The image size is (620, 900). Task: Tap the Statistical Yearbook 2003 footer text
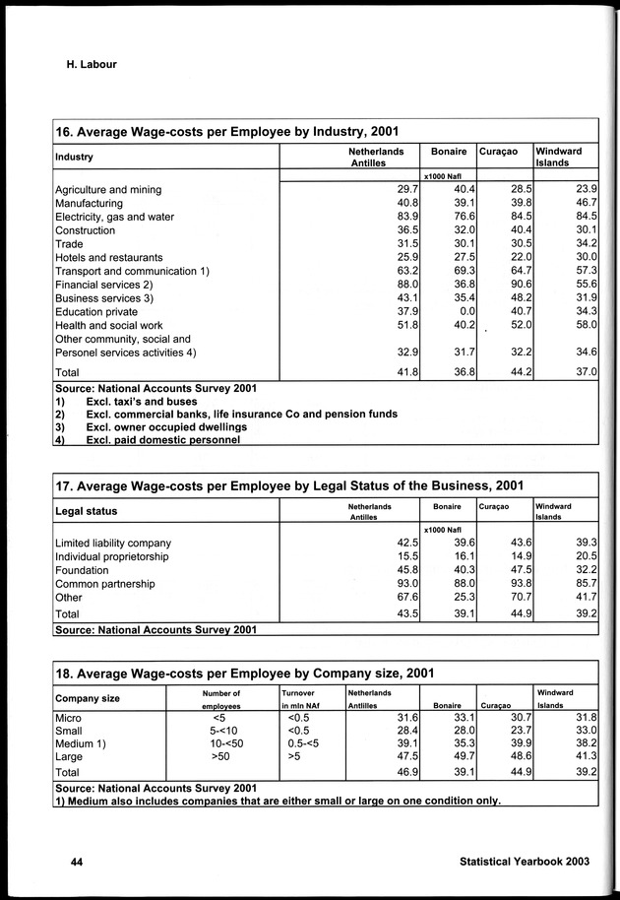coord(524,861)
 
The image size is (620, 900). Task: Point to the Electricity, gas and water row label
coord(114,217)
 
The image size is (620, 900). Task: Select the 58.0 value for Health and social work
coord(585,325)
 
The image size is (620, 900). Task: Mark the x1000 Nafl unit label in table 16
coord(443,174)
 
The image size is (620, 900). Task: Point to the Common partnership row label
coord(104,584)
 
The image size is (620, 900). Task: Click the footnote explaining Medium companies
coord(279,801)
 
